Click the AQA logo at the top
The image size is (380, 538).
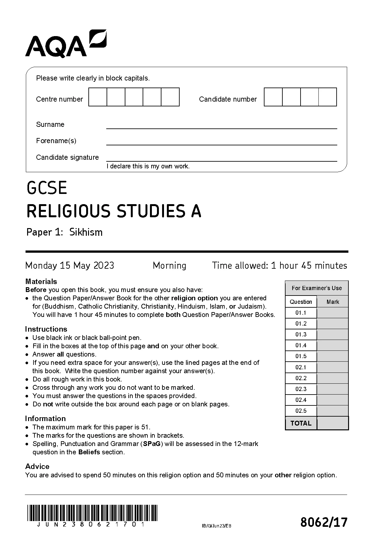pos(66,44)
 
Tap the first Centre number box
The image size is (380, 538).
pos(98,97)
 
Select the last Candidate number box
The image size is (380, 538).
pos(328,97)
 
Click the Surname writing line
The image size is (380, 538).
pos(221,126)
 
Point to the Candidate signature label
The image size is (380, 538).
pos(67,157)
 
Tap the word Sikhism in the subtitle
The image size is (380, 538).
pos(86,232)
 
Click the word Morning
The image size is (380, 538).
pos(169,265)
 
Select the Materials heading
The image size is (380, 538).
pos(41,281)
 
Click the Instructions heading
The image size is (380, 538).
pos(46,329)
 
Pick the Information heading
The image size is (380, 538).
pos(45,419)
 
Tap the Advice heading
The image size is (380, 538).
pos(37,466)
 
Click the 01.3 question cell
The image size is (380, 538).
pos(301,334)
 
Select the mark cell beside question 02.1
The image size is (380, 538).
pos(332,367)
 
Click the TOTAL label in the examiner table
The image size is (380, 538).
pos(301,423)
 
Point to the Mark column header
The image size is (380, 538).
pos(333,302)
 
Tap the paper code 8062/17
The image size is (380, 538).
pos(324,522)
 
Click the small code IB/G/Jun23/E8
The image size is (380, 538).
pos(217,526)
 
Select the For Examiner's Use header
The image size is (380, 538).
pos(317,288)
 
